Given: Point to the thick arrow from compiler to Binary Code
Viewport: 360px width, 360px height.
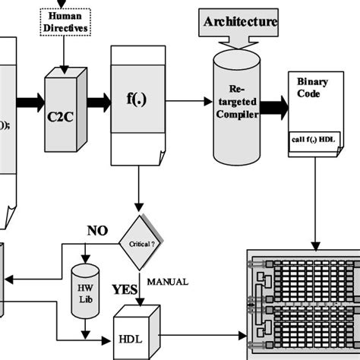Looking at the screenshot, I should coord(273,106).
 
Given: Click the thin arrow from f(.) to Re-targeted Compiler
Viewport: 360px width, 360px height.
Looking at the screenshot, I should coord(186,99).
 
